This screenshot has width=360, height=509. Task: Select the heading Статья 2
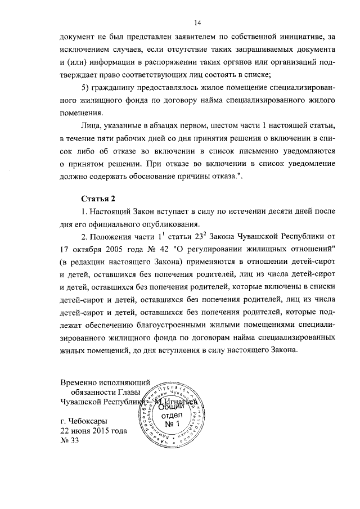coord(98,199)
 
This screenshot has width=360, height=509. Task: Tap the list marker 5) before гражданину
coord(88,88)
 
